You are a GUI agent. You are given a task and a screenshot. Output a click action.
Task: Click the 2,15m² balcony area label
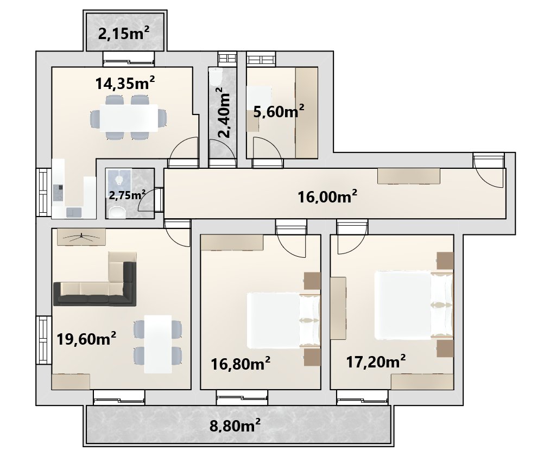pos(123,34)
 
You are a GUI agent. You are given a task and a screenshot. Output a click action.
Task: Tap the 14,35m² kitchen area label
pos(125,84)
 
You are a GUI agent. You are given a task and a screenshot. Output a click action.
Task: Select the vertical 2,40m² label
pos(224,112)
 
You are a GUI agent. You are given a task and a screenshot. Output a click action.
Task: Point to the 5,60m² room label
pos(279,112)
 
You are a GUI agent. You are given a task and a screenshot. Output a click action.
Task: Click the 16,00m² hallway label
pos(327,197)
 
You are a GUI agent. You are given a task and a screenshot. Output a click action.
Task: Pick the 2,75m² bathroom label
pos(127,195)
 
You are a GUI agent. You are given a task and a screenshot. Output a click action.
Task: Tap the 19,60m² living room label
pos(86,339)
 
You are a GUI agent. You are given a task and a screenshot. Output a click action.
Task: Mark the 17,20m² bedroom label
pos(376,361)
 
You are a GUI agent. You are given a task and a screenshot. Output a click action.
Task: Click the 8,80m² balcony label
pos(235,426)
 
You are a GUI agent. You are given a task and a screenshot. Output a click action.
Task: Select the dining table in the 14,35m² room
pos(129,118)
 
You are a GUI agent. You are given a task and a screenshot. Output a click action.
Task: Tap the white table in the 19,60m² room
pos(158,344)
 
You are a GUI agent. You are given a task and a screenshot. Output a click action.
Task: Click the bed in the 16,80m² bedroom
pos(284,321)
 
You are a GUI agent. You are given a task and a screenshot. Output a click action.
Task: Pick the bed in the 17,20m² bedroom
pos(414,305)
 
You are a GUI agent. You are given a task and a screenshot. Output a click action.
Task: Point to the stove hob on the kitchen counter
pos(58,193)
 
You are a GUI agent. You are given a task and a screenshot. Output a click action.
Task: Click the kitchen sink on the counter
pos(74,212)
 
